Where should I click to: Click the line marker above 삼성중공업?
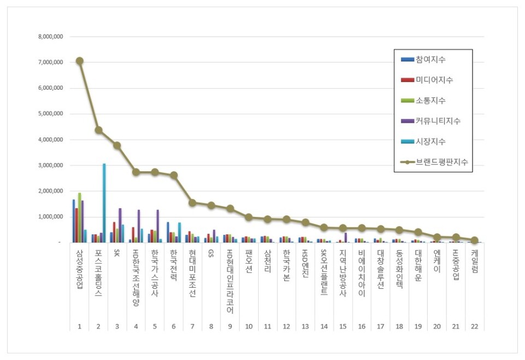[x=79, y=61]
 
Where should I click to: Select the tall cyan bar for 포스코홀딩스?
[x=104, y=202]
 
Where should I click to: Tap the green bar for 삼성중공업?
[x=79, y=218]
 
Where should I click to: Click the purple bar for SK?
[x=120, y=225]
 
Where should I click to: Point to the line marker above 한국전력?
[x=173, y=175]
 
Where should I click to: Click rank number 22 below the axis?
[x=474, y=327]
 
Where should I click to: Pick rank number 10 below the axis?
[x=249, y=327]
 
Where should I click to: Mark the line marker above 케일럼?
[x=474, y=240]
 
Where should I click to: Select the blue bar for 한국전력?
[x=168, y=232]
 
